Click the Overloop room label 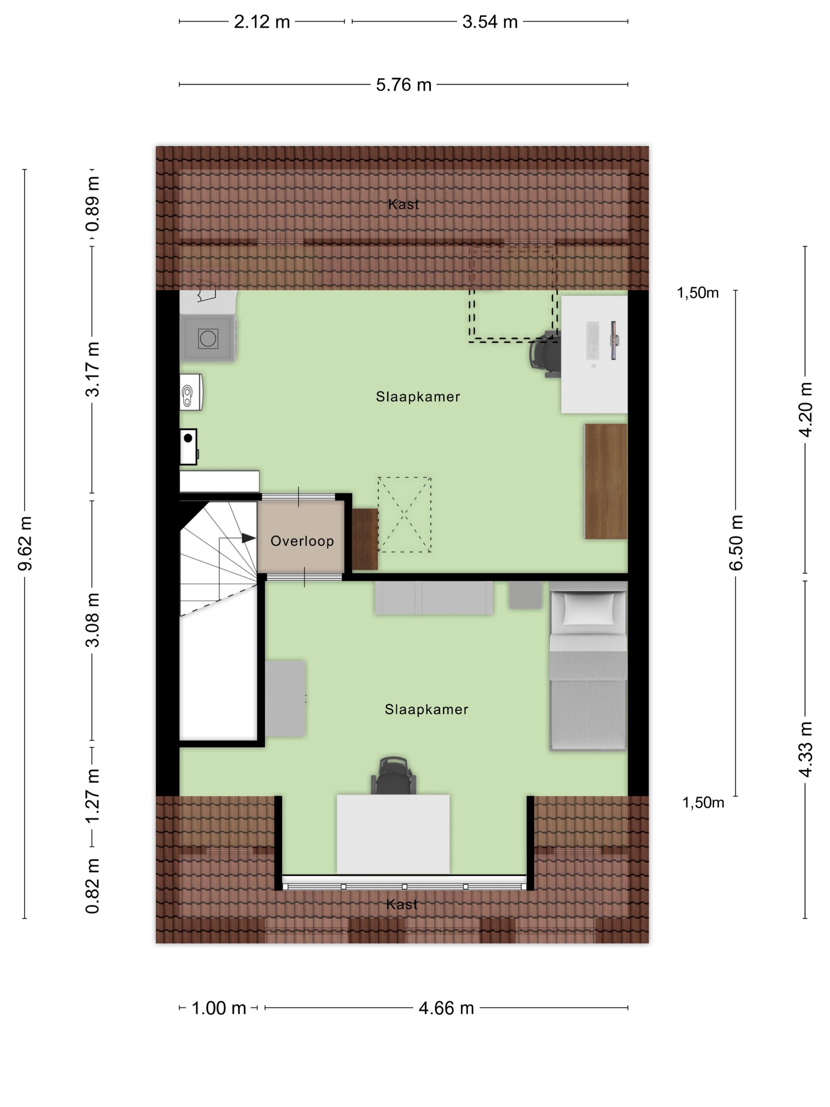[x=302, y=541]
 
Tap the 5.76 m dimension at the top [x=404, y=85]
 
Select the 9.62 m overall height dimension [x=25, y=544]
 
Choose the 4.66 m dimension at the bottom [x=446, y=1008]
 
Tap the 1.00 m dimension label [x=219, y=1008]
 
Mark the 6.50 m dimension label [x=736, y=542]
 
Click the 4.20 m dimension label [x=805, y=409]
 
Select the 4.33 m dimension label [x=805, y=750]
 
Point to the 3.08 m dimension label [x=92, y=620]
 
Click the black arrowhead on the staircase [x=249, y=538]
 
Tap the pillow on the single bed [x=589, y=609]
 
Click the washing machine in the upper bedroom [x=207, y=338]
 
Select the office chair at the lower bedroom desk [x=394, y=775]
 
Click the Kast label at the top [x=403, y=204]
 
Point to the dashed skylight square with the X [x=404, y=514]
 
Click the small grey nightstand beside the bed [x=525, y=595]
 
